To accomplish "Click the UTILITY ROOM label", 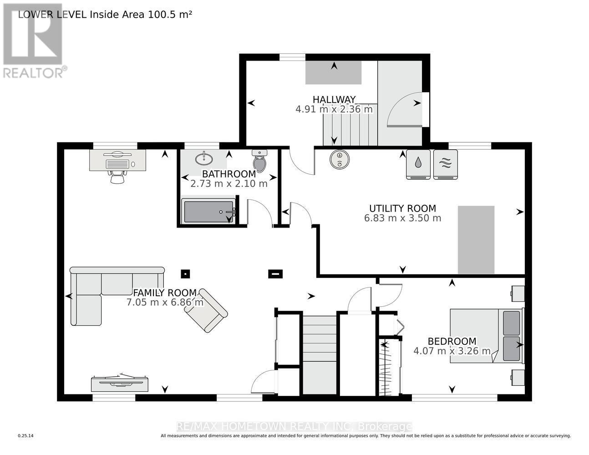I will point(402,208).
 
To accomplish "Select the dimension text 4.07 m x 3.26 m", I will point(452,351).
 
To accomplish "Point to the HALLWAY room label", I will point(334,100).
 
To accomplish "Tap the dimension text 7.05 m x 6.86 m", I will point(165,302).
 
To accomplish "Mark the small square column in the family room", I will point(185,273).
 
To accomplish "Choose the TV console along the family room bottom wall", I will point(120,383).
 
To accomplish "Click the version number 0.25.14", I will point(25,436).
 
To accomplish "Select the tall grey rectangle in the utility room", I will point(476,240).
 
